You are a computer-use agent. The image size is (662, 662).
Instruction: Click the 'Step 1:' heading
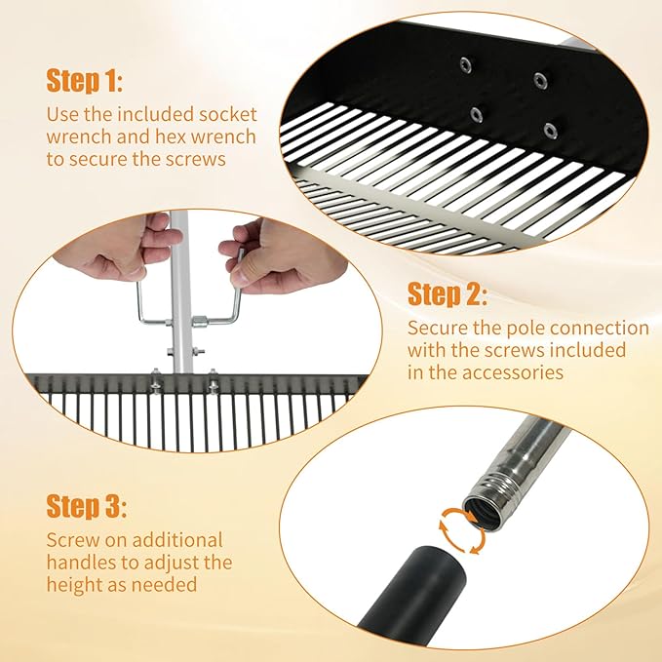pyautogui.click(x=85, y=80)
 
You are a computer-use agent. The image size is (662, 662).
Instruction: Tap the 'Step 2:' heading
pyautogui.click(x=448, y=293)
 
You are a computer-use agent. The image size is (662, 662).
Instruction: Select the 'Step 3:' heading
pyautogui.click(x=86, y=506)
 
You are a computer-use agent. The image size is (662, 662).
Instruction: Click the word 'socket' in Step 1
pyautogui.click(x=228, y=114)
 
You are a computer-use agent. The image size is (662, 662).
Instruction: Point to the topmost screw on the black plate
pyautogui.click(x=466, y=65)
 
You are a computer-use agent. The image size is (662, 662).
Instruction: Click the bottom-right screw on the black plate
pyautogui.click(x=550, y=131)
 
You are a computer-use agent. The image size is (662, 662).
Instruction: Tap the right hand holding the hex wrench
pyautogui.click(x=281, y=259)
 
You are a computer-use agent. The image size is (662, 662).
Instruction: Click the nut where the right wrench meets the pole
pyautogui.click(x=199, y=321)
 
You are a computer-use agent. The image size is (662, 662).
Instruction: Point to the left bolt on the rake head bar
pyautogui.click(x=155, y=382)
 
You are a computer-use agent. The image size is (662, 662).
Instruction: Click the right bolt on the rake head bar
pyautogui.click(x=213, y=381)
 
